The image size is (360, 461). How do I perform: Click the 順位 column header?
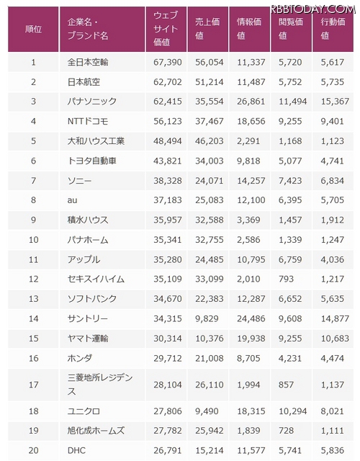[x=34, y=29]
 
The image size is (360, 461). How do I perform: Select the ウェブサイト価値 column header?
[x=166, y=29]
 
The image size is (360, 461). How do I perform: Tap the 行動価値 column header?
[x=333, y=29]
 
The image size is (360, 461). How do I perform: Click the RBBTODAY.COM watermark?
[x=313, y=9]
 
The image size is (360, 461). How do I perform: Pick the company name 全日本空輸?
[x=88, y=62]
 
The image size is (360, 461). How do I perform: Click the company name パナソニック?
[x=92, y=102]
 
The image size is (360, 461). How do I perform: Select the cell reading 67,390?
[x=168, y=63]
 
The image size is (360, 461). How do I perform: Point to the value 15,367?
[x=335, y=102]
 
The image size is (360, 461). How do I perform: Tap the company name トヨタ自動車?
[x=92, y=161]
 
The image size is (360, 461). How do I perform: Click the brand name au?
[x=72, y=200]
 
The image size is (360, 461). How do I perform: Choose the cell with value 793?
[x=287, y=279]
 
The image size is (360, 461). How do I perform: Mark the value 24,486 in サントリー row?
[x=251, y=318]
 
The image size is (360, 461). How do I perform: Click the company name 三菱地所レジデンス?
[x=100, y=385]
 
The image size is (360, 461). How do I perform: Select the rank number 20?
[x=34, y=450]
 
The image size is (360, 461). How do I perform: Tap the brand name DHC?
[x=77, y=450]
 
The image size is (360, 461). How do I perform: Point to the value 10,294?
[x=293, y=411]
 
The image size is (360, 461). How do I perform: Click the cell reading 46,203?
[x=210, y=141]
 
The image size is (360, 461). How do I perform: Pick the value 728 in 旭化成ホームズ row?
[x=287, y=431]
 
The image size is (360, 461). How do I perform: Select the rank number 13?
[x=34, y=299]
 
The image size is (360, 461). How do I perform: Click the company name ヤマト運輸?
[x=88, y=339]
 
